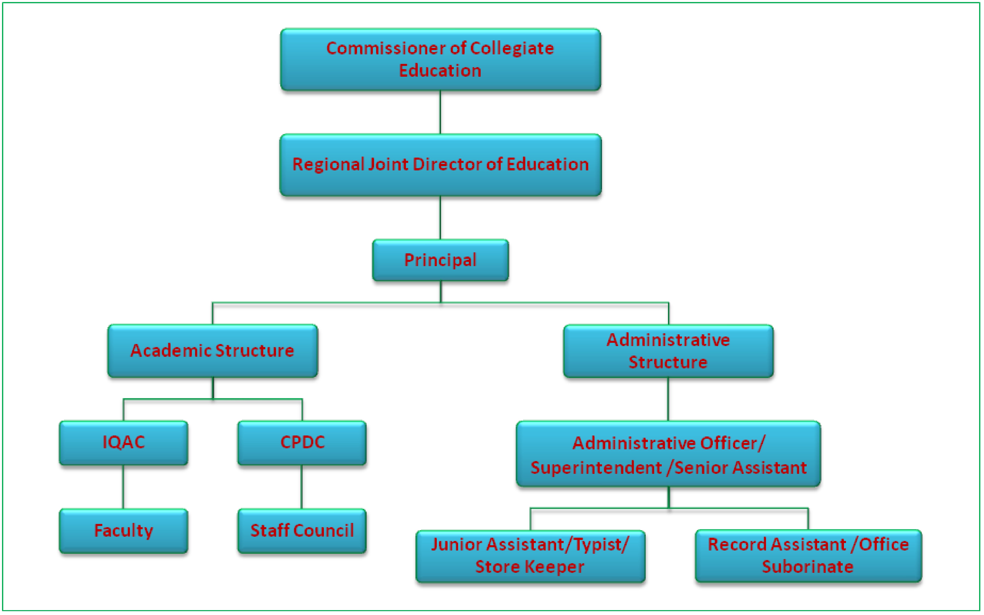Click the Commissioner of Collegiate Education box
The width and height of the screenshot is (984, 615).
440,59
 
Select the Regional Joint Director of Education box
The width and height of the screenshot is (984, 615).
440,165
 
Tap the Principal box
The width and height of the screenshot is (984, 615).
440,260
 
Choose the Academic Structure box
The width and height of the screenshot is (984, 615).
213,351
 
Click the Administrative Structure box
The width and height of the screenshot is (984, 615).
668,351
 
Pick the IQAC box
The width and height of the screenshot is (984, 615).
123,443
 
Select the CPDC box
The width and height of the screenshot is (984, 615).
302,443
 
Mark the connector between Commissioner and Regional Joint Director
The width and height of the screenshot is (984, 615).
440,112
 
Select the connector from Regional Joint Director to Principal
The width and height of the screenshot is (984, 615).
440,218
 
